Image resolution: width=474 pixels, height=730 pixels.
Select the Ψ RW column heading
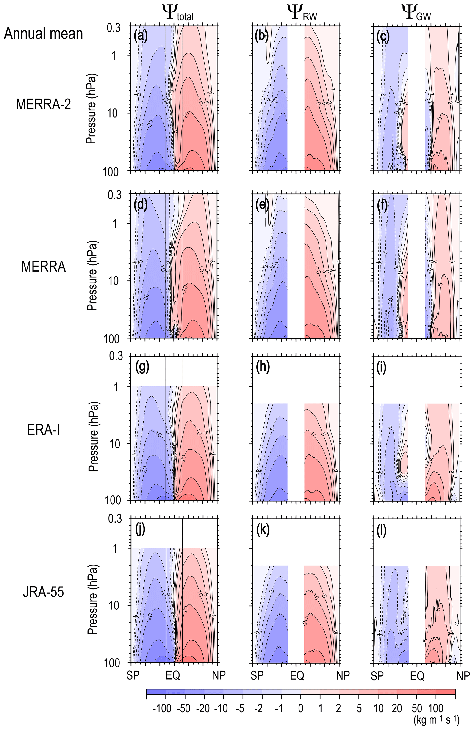click(302, 13)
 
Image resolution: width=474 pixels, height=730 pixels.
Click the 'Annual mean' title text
click(43, 34)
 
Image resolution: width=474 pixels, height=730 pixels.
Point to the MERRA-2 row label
click(43, 104)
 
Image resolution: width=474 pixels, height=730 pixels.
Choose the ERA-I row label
click(43, 430)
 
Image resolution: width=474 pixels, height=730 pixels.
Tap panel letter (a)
click(141, 36)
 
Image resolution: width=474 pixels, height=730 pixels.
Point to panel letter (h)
click(263, 367)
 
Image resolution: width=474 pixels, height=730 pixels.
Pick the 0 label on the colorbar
click(301, 708)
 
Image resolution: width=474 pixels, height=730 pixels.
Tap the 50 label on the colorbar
click(417, 708)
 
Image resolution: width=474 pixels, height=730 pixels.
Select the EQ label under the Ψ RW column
click(297, 675)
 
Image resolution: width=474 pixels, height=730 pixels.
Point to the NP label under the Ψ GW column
click(463, 675)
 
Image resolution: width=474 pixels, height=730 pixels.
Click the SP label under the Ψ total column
click(133, 675)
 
